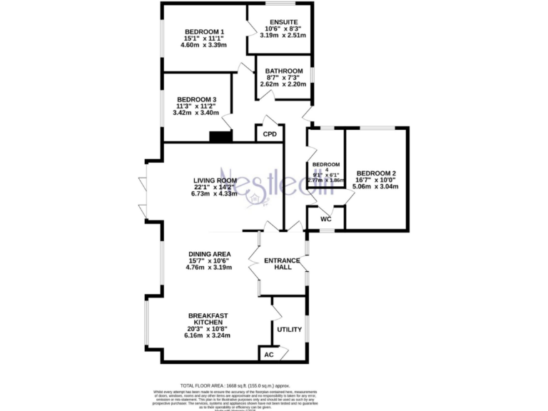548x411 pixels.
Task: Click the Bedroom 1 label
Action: [205, 31]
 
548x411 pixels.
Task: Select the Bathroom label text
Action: [284, 71]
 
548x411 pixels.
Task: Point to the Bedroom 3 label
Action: [197, 99]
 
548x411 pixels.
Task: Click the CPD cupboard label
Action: [270, 134]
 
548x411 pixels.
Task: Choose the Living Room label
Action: [215, 181]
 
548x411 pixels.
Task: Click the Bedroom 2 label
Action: [376, 173]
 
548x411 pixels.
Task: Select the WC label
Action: [326, 219]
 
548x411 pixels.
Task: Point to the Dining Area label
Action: [209, 254]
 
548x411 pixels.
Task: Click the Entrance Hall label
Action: [282, 264]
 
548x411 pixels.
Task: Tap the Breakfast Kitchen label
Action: [209, 320]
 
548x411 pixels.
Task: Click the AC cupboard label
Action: [269, 354]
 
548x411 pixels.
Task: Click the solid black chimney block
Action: [221, 136]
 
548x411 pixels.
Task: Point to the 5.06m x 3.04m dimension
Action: [376, 187]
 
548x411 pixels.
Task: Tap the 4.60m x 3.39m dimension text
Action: [205, 45]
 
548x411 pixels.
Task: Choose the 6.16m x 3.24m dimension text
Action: [208, 335]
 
